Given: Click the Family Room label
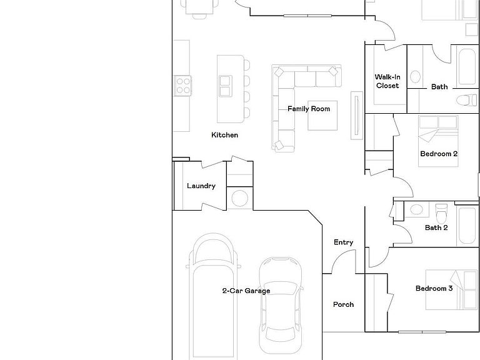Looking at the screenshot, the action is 309,109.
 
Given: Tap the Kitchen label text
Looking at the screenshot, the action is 224,135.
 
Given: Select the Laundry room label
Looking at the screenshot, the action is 201,186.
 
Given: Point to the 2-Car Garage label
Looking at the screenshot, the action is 246,291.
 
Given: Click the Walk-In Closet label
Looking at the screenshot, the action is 387,81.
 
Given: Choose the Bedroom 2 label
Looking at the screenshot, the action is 439,154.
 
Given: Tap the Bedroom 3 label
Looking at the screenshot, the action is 434,288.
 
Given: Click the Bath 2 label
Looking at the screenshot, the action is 436,227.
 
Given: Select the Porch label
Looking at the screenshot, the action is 343,304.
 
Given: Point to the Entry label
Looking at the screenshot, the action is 344,242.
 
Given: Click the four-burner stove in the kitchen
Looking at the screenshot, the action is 182,86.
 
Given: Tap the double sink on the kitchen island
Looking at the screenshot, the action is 225,86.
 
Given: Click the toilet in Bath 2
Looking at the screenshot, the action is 441,213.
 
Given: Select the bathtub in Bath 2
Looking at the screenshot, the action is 467,226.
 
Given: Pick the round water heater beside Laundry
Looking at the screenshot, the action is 240,198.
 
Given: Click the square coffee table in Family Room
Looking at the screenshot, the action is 322,116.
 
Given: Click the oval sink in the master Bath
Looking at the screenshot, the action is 415,77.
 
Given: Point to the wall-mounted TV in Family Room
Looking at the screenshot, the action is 357,116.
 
